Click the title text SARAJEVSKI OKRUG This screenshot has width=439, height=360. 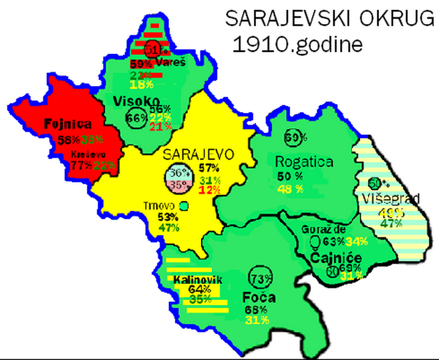330,19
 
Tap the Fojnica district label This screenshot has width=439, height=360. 68,124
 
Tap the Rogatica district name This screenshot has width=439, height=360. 304,162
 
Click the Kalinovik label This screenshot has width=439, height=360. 197,280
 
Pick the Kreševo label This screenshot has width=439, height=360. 85,154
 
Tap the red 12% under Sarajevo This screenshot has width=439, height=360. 210,189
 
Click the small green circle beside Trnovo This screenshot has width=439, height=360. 183,205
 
